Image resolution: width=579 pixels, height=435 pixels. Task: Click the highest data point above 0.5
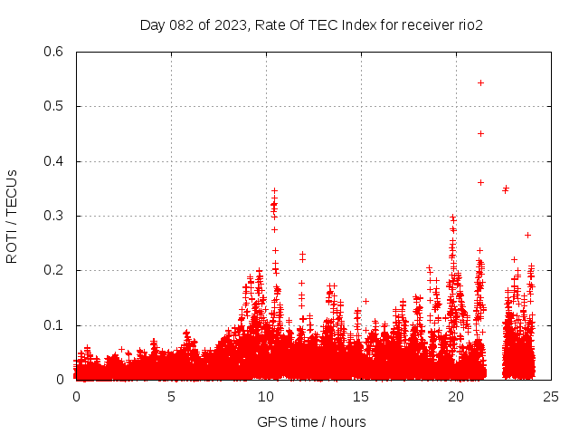pos(480,82)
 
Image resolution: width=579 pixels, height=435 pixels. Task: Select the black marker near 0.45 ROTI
pos(480,133)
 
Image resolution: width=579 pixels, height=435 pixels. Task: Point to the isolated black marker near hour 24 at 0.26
pos(527,235)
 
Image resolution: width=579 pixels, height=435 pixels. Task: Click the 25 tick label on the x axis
pos(551,396)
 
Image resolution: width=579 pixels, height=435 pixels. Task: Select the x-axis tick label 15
pos(361,396)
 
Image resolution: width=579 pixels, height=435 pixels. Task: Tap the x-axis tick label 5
pos(171,396)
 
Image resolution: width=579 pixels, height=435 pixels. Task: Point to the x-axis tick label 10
pos(266,396)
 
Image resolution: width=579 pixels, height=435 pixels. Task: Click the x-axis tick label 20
pos(456,396)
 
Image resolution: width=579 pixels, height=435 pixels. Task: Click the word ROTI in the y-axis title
pos(12,246)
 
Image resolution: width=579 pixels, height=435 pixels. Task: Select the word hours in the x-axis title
pos(347,421)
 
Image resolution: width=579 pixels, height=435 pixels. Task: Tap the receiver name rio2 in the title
pos(470,24)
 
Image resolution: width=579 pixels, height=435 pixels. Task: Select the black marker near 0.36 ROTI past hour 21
pos(480,182)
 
